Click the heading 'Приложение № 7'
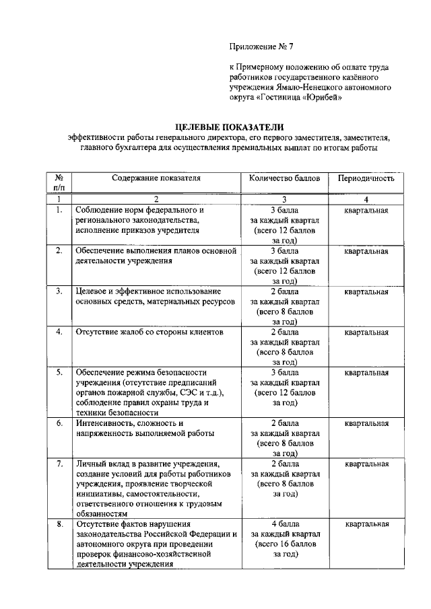click(x=262, y=46)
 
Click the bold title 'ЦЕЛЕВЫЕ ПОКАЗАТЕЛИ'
click(x=230, y=126)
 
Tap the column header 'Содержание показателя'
click(x=156, y=178)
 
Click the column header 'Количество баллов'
click(x=284, y=178)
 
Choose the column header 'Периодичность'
click(x=366, y=178)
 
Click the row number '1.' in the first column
click(x=59, y=210)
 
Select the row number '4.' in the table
click(x=59, y=332)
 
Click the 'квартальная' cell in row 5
click(x=366, y=372)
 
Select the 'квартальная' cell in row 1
click(x=366, y=210)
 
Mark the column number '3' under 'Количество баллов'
click(x=284, y=199)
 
